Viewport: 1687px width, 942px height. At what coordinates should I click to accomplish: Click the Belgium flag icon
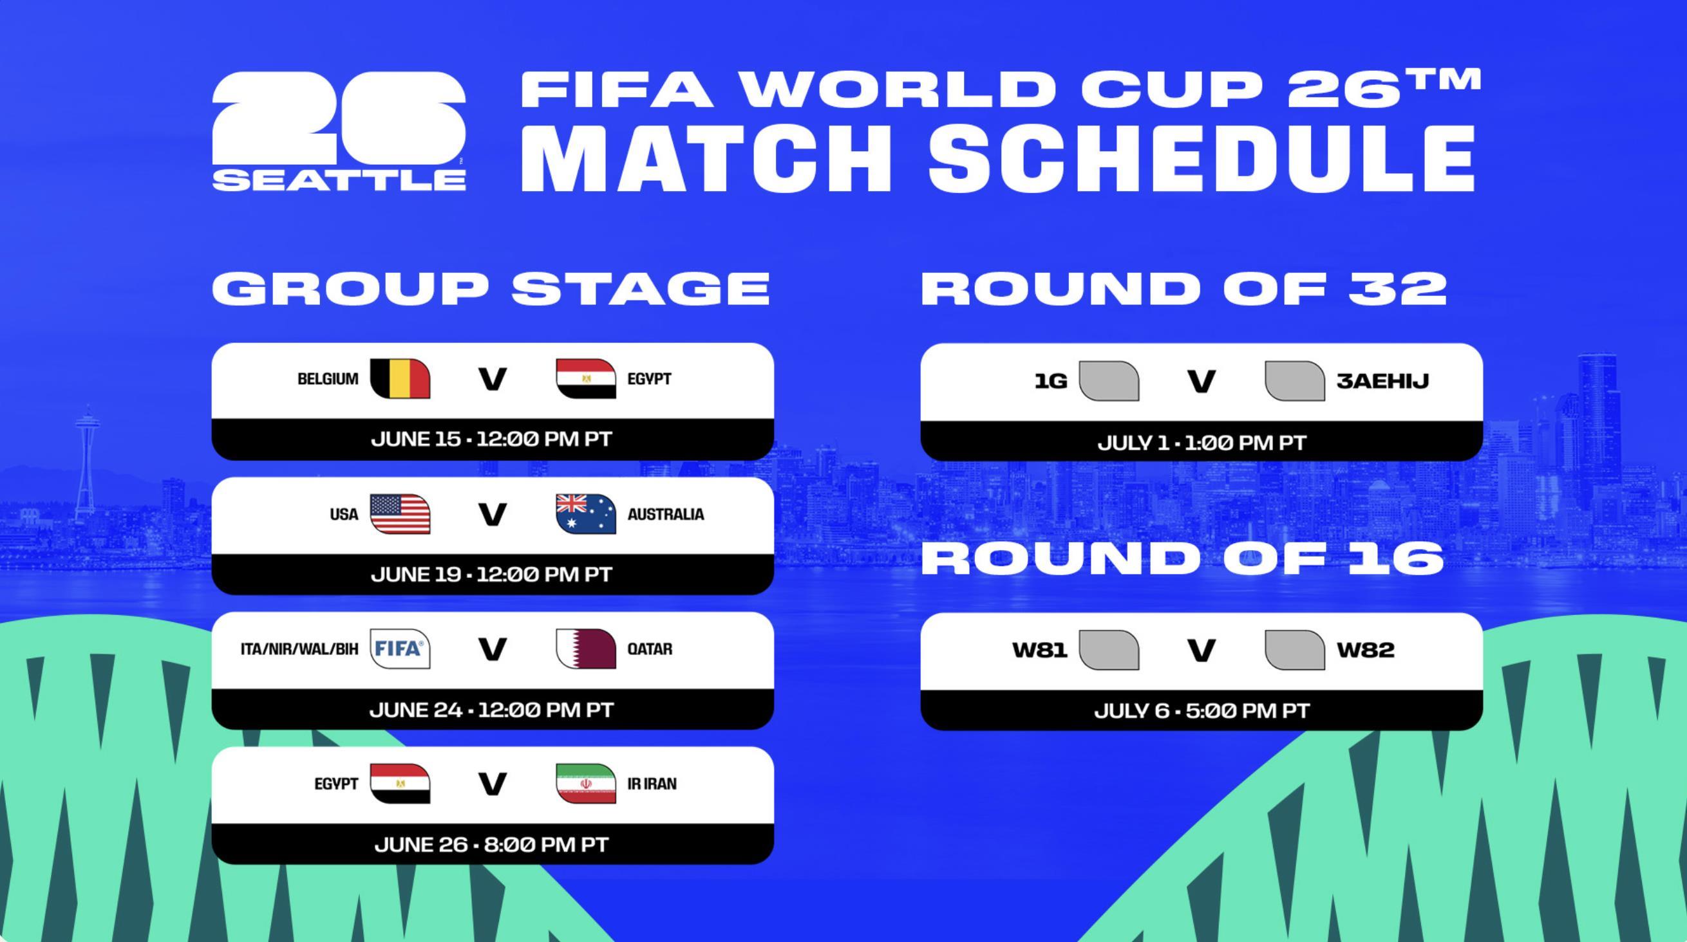tap(400, 378)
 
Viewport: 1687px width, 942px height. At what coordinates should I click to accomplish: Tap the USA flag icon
tap(400, 514)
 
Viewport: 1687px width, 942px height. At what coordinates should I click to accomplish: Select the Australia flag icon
tap(586, 514)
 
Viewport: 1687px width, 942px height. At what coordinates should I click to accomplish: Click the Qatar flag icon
tap(586, 649)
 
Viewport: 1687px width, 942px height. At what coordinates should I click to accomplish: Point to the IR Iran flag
tap(586, 784)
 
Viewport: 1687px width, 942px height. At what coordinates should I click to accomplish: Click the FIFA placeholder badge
tap(400, 649)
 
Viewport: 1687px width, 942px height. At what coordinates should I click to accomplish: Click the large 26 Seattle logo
tap(339, 131)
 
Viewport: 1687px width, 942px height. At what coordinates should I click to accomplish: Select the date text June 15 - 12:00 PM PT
tap(492, 439)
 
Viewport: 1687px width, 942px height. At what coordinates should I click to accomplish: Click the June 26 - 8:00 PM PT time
tap(492, 844)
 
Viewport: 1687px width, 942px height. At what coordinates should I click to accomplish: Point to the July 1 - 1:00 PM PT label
tap(1202, 443)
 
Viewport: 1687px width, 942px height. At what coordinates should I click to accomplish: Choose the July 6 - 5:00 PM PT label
tap(1202, 710)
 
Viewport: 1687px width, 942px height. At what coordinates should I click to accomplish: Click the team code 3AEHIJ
tap(1382, 381)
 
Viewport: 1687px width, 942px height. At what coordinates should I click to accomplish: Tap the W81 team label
tap(1040, 650)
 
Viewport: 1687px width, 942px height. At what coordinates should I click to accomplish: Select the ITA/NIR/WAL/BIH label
tap(300, 649)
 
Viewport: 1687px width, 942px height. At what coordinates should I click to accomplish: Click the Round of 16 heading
tap(1183, 559)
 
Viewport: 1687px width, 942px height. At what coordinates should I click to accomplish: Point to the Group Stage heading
tap(491, 288)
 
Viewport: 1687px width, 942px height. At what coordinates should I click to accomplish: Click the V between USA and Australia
tap(493, 515)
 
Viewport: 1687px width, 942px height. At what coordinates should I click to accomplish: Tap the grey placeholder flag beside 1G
tap(1109, 381)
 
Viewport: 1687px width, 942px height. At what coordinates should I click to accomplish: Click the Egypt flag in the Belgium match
tap(586, 378)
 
